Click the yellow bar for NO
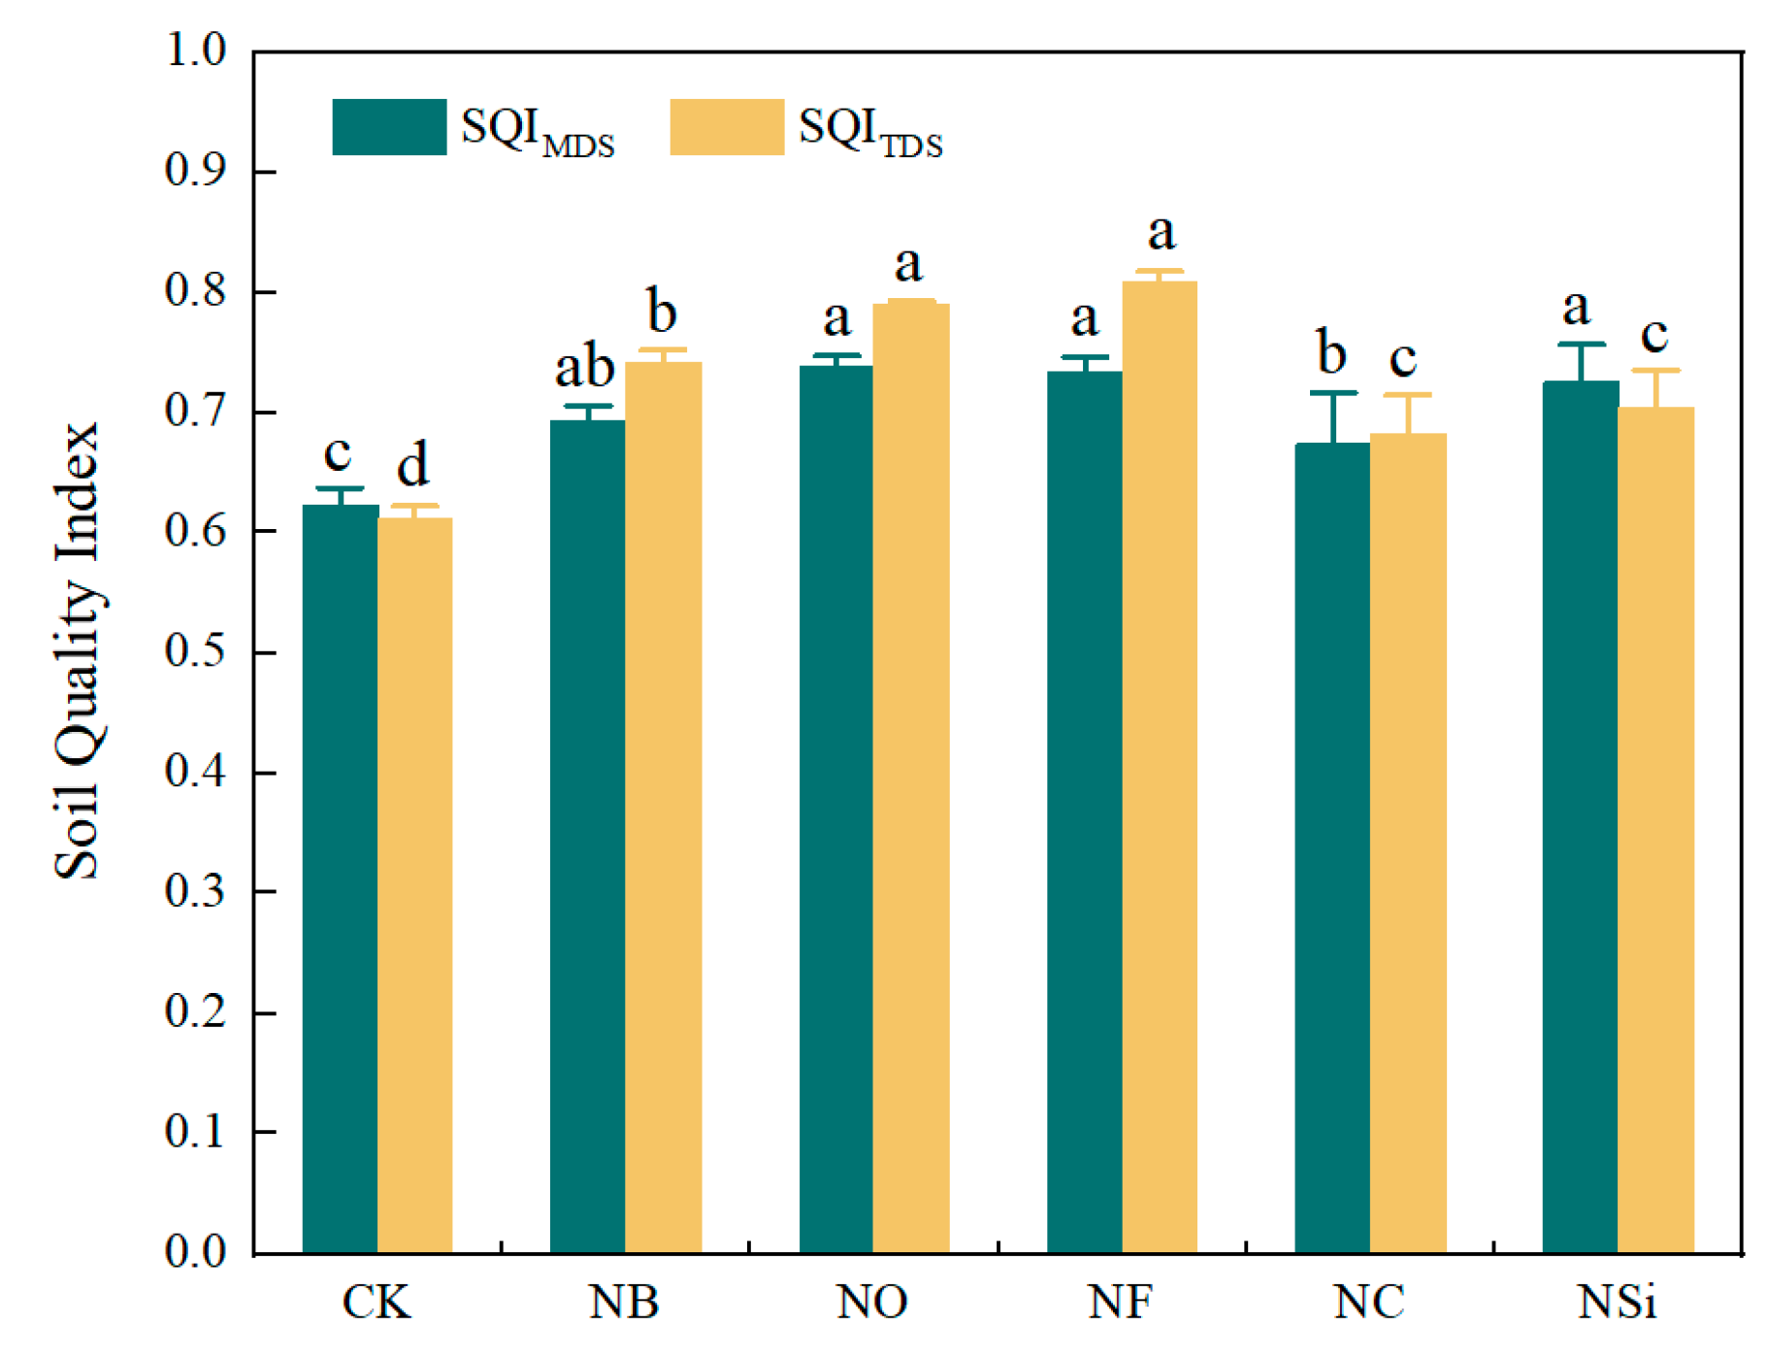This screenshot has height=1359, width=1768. tap(910, 777)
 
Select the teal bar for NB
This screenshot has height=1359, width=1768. tap(587, 835)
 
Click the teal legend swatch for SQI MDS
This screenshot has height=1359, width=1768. tap(389, 127)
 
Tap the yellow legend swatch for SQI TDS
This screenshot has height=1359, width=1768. tap(727, 127)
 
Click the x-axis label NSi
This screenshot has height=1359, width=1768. tap(1617, 1303)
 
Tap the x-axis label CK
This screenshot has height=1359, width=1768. tap(377, 1303)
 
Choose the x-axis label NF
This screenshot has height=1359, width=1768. tap(1121, 1303)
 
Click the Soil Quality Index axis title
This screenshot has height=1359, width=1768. tap(78, 650)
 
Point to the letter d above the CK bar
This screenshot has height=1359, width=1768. tap(413, 465)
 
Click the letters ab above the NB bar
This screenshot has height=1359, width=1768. tap(584, 368)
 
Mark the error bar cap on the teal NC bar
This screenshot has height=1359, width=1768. tap(1333, 393)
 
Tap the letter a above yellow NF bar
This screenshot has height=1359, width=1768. tap(1162, 233)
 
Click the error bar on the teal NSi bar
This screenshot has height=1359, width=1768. tap(1581, 362)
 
